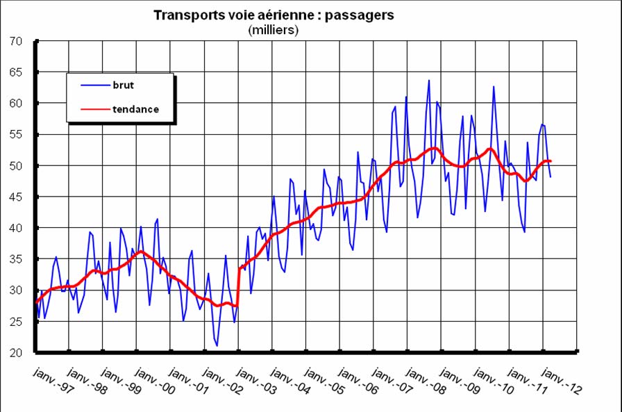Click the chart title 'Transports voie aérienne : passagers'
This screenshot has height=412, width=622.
274,15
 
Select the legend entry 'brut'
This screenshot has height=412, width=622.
124,85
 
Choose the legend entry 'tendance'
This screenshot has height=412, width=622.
135,109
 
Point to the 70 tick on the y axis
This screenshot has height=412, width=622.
17,41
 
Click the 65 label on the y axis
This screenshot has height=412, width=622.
17,72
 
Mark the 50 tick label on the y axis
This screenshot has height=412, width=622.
17,166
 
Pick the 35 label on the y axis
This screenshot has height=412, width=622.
17,259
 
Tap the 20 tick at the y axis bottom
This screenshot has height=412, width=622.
17,353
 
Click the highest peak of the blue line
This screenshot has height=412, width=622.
429,80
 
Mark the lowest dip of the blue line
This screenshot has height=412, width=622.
217,345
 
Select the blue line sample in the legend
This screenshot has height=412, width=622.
94,85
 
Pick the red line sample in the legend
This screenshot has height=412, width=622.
94,109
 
